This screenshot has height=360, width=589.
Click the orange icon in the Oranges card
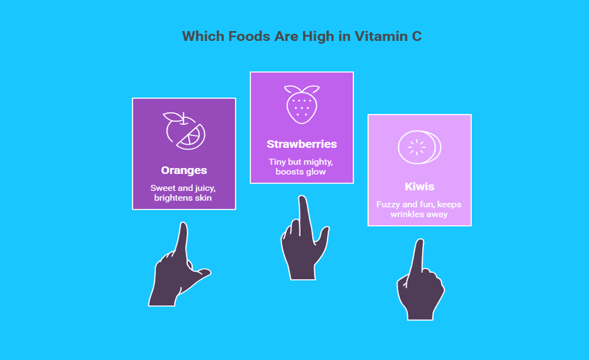click(184, 131)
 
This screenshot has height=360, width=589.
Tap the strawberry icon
click(302, 104)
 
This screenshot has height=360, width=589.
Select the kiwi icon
click(419, 147)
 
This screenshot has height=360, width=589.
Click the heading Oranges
click(184, 171)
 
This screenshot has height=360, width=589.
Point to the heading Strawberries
click(302, 144)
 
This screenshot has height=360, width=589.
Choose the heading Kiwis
click(420, 187)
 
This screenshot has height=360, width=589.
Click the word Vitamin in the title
click(381, 36)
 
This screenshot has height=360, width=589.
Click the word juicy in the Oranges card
click(205, 188)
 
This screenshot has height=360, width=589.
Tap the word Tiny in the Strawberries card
click(277, 162)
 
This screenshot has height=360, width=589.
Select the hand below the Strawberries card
click(304, 240)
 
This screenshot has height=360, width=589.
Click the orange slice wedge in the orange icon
click(192, 138)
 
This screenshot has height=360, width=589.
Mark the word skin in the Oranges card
click(203, 198)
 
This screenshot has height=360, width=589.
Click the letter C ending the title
click(417, 36)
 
